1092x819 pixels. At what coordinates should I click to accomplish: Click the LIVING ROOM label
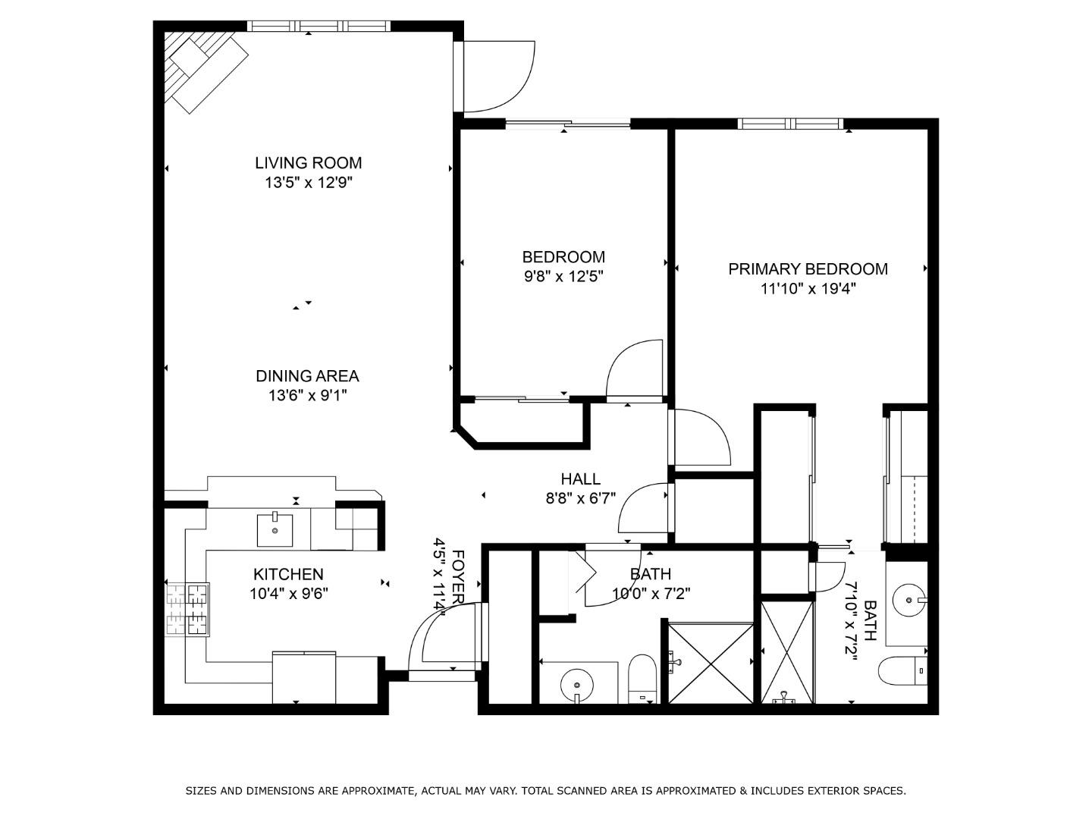(308, 162)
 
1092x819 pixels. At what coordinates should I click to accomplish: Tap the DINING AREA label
(307, 375)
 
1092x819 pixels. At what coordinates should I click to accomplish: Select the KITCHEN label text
(288, 574)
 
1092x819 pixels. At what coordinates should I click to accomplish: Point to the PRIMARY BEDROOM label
(808, 268)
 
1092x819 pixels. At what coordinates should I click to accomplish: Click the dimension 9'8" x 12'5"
(563, 276)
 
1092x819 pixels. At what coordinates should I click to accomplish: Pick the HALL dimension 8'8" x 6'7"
(580, 498)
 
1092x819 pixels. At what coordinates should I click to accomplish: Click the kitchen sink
(275, 529)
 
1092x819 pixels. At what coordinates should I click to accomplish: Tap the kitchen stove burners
(187, 609)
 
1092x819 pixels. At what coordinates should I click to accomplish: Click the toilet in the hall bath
(642, 679)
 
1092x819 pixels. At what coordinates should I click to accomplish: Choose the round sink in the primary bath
(908, 601)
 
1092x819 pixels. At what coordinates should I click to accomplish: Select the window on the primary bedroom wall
(790, 124)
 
